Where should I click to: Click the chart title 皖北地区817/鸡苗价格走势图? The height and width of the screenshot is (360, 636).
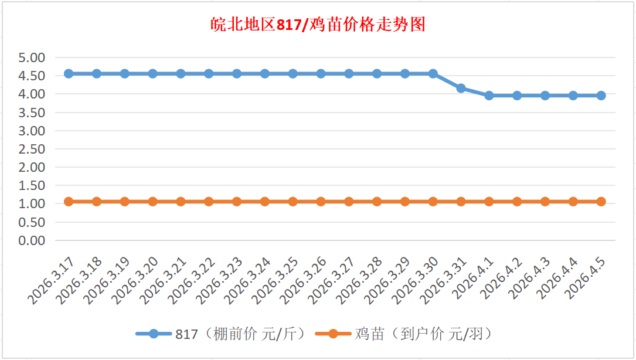point(318,25)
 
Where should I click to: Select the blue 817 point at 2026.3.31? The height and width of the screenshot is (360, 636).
point(461,88)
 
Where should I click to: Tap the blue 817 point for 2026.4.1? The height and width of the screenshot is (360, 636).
point(489,96)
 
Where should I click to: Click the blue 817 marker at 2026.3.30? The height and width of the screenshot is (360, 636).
point(433,74)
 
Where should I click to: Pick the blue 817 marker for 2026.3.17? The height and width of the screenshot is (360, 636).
point(69,74)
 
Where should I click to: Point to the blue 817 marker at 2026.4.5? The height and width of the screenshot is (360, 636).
point(601,96)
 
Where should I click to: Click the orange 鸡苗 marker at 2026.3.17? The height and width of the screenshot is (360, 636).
point(69,202)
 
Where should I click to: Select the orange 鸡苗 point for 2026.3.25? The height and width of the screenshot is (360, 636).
point(293,202)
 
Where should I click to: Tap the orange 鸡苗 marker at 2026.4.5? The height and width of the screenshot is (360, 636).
point(601,202)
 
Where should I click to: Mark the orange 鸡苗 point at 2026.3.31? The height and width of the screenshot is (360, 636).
point(461,202)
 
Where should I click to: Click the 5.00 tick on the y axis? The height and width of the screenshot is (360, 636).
point(32,57)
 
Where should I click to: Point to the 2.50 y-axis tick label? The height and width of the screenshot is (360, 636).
point(32,149)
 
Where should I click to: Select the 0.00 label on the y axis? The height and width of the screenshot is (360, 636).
point(32,240)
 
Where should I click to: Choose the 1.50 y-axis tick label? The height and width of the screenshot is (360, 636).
point(32,185)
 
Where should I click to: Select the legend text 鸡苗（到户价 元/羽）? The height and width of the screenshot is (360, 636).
point(423,334)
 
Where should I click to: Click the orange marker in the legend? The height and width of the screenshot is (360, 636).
point(333,334)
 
